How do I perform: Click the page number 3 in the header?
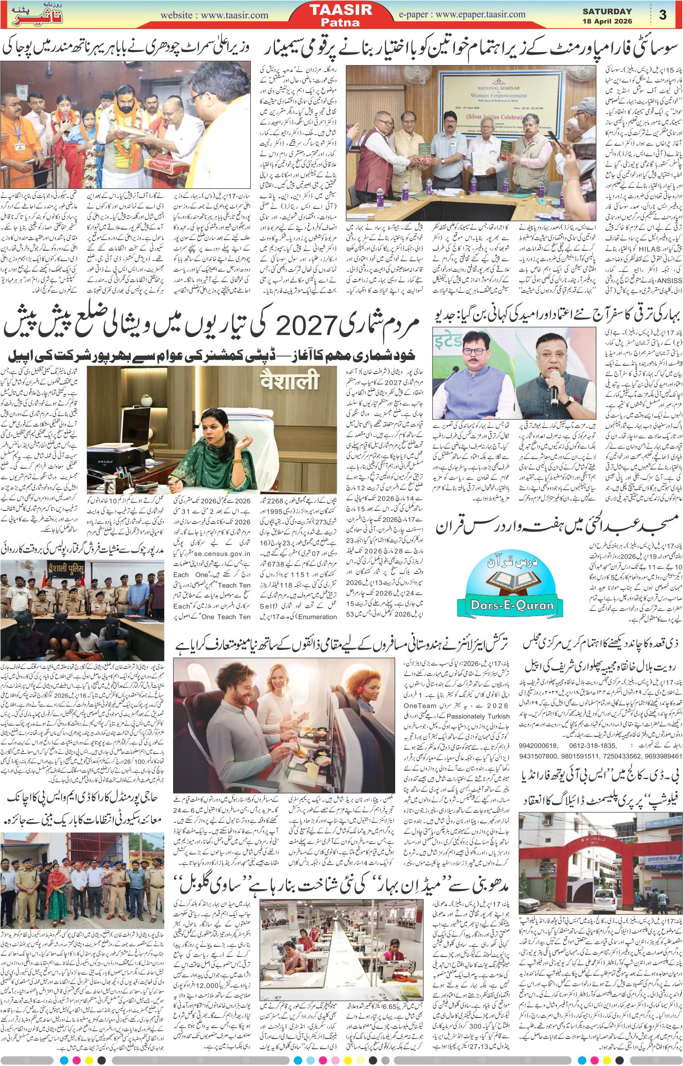663,15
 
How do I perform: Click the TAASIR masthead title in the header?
346,10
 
